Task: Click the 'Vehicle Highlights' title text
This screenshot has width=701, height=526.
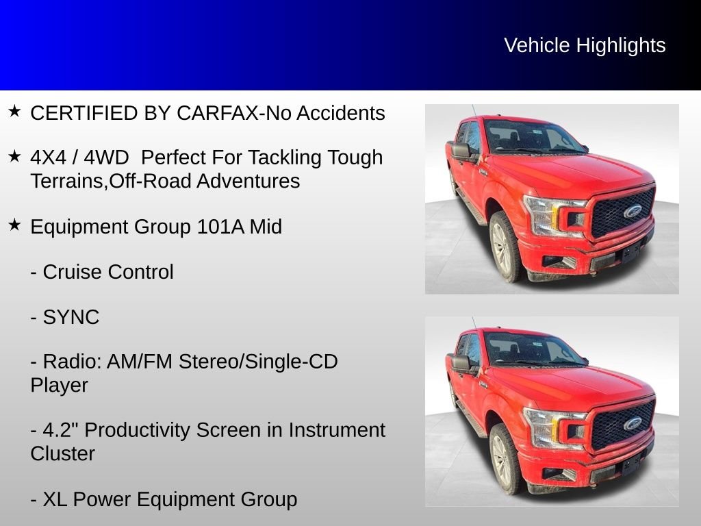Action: coord(585,46)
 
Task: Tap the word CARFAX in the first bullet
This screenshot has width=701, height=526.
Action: coord(218,113)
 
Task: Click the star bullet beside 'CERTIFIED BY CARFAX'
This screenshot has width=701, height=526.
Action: coord(15,111)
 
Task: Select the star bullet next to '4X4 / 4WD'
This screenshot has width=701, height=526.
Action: coord(15,156)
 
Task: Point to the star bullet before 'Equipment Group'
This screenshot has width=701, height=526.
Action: coord(15,225)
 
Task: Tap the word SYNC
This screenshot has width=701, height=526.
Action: coord(71,318)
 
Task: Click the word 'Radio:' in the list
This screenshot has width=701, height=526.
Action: coord(72,362)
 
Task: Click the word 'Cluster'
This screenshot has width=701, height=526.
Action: coord(62,454)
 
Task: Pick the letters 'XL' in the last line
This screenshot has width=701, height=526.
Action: coord(55,499)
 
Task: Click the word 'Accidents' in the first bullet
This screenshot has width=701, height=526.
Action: coord(341,113)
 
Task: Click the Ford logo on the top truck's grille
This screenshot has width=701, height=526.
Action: coord(633,211)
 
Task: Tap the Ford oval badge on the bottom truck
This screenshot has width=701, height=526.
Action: coord(633,423)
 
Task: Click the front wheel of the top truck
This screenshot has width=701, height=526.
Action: coord(505,247)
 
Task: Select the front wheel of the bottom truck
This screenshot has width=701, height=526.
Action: coord(505,459)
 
